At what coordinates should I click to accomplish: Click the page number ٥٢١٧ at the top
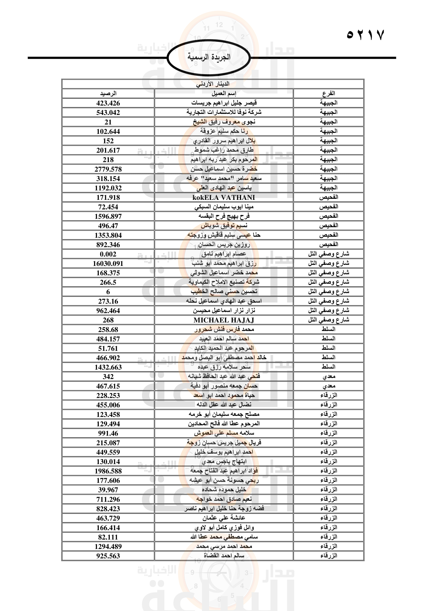pos(365,35)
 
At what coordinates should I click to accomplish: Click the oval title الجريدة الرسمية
pos(209,57)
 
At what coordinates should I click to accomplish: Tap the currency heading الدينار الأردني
pos(213,84)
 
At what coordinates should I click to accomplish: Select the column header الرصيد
pos(108,94)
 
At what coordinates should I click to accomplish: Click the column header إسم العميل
pos(224,94)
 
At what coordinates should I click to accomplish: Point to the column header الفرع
pos(329,94)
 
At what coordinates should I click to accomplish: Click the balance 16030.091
pos(108,264)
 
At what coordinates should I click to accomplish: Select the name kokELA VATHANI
pos(224,197)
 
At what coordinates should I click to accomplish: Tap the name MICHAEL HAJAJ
pos(224,320)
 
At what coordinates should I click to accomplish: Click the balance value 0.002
pos(108,254)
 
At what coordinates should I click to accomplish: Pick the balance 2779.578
pos(108,169)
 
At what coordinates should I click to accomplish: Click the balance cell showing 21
pos(108,122)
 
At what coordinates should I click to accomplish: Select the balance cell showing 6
pos(108,292)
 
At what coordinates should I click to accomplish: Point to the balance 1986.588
pos(108,471)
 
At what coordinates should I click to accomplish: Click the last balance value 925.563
pos(108,556)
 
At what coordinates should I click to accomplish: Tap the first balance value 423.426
pos(108,103)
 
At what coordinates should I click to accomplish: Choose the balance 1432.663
pos(108,367)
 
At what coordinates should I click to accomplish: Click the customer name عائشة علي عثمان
pos(224,518)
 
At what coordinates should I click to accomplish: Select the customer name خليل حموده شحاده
pos(224,490)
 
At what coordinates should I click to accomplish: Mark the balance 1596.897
pos(108,216)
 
